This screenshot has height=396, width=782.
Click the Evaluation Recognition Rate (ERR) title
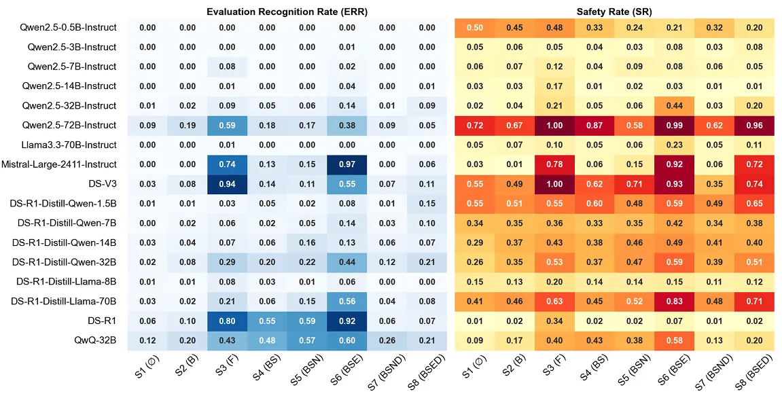click(x=287, y=10)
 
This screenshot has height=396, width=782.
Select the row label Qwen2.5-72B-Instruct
click(x=69, y=125)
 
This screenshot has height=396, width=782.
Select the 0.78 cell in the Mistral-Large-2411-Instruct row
click(x=554, y=164)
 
